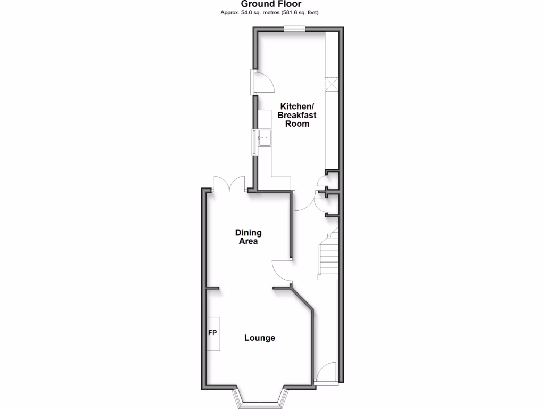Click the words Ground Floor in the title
pos(271,4)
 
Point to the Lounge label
pos(260,338)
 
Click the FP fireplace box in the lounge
pos(214,333)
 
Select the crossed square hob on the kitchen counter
pos(332,85)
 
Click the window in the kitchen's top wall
pos(294,29)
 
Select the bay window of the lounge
pos(261,397)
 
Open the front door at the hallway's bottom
pos(326,373)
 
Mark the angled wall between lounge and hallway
pos(302,299)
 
